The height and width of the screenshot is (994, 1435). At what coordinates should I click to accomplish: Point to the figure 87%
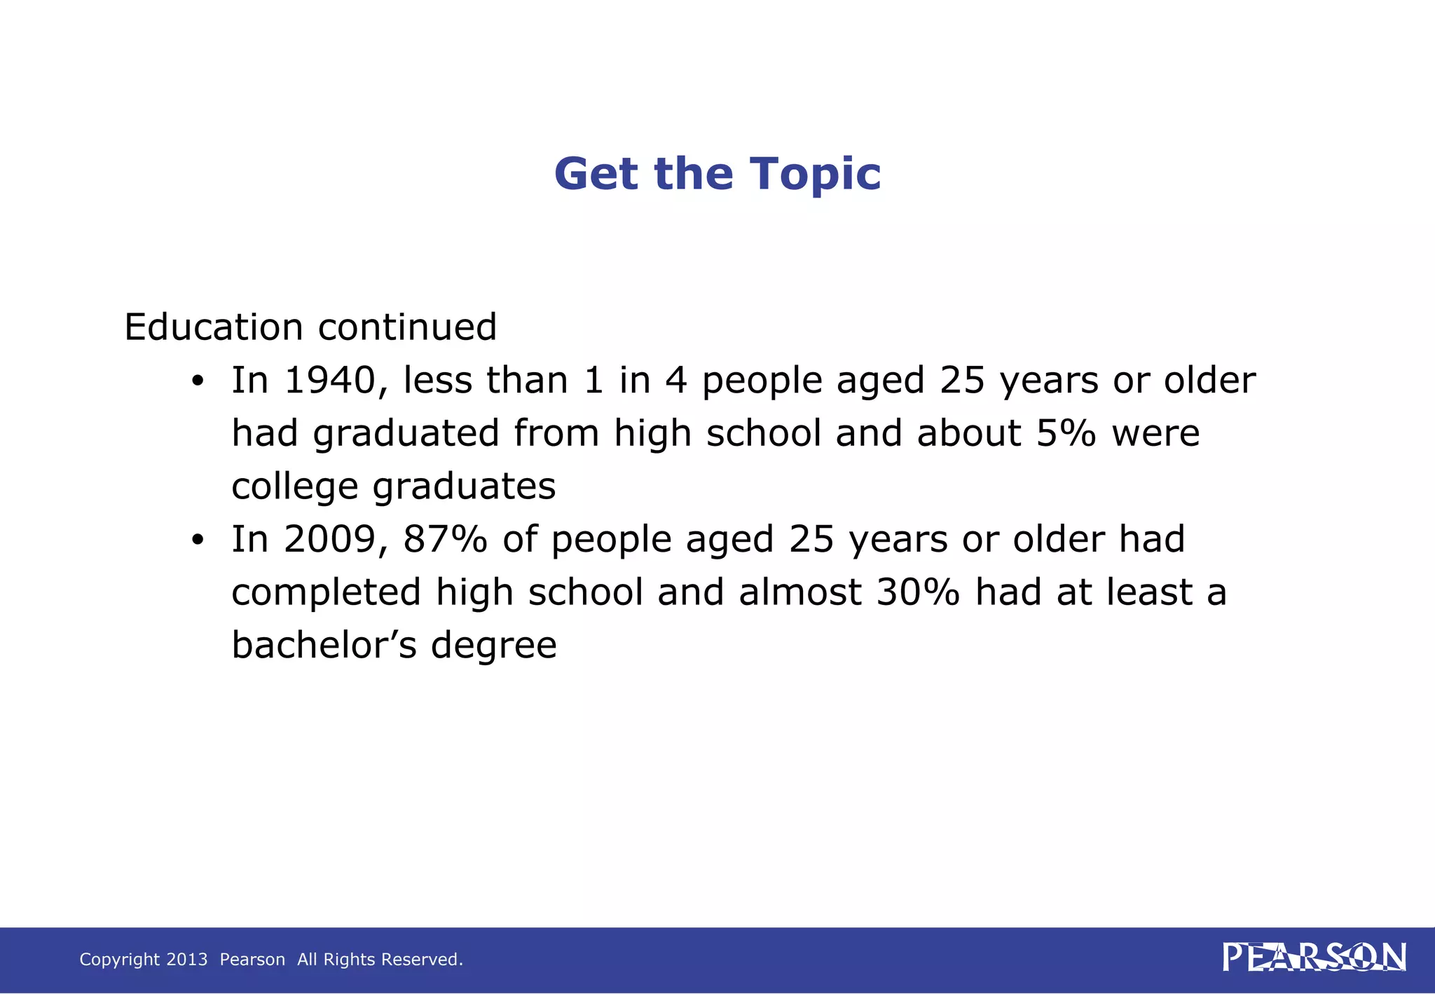coord(445,540)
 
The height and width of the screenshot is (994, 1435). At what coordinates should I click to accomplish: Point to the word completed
coord(326,593)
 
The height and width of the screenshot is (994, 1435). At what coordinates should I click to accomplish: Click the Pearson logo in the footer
coord(1314,958)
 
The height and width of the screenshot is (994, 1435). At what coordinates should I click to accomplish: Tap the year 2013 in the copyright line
coord(186,960)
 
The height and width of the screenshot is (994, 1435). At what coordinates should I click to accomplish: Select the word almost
coord(799,592)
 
